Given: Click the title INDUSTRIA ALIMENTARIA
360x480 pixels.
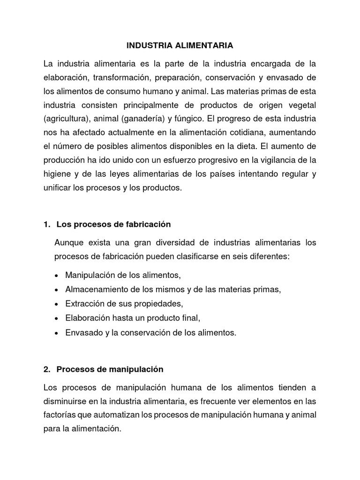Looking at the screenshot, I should point(180,46).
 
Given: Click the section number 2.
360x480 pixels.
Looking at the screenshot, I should point(46,369).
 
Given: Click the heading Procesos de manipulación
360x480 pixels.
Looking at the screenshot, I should point(110,369).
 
